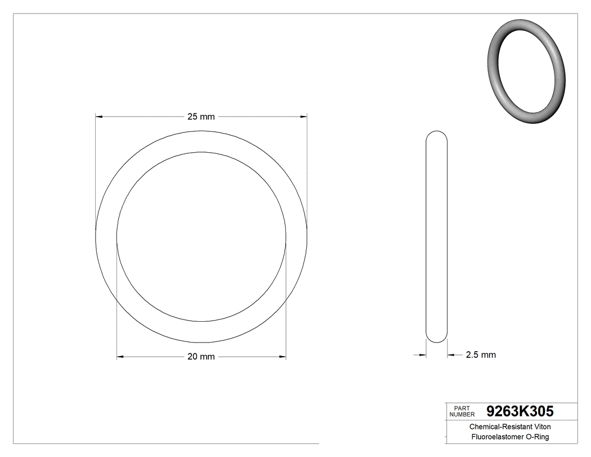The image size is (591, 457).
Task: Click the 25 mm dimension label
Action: coord(201,117)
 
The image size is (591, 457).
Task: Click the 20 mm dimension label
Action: coord(201,357)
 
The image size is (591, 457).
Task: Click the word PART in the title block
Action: coord(462,408)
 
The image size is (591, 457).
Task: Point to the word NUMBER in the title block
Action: coord(463,415)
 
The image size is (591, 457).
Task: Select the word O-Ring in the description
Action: coord(538,437)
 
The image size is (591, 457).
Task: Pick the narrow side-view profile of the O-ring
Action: coord(436,237)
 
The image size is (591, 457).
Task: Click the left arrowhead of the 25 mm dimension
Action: coord(99,117)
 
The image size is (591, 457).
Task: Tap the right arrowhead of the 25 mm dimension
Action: coord(304,117)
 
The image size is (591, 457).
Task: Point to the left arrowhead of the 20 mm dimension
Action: coord(120,357)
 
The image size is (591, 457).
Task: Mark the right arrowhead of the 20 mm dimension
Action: coord(283,357)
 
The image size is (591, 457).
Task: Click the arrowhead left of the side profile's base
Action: coord(423,355)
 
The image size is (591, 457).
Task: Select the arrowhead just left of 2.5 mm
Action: coord(451,355)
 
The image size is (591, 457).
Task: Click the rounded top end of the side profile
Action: coord(436,135)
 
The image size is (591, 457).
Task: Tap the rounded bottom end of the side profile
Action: coord(436,338)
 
